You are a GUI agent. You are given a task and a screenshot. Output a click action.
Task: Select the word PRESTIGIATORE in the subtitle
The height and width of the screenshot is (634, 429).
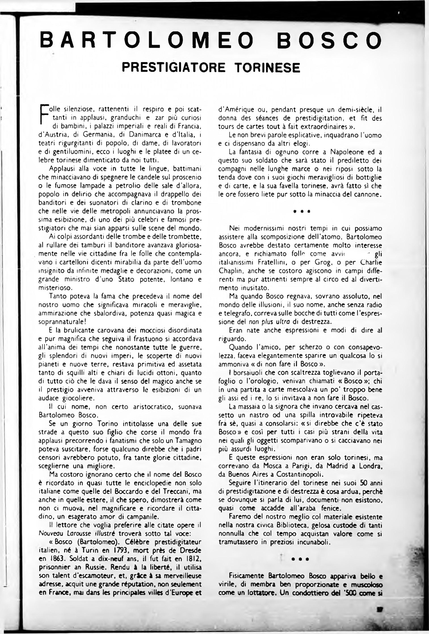173,67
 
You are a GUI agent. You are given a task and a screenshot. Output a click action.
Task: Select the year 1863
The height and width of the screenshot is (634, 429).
54,550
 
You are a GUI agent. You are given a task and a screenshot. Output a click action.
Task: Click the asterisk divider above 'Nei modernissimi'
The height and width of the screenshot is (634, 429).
300,211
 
